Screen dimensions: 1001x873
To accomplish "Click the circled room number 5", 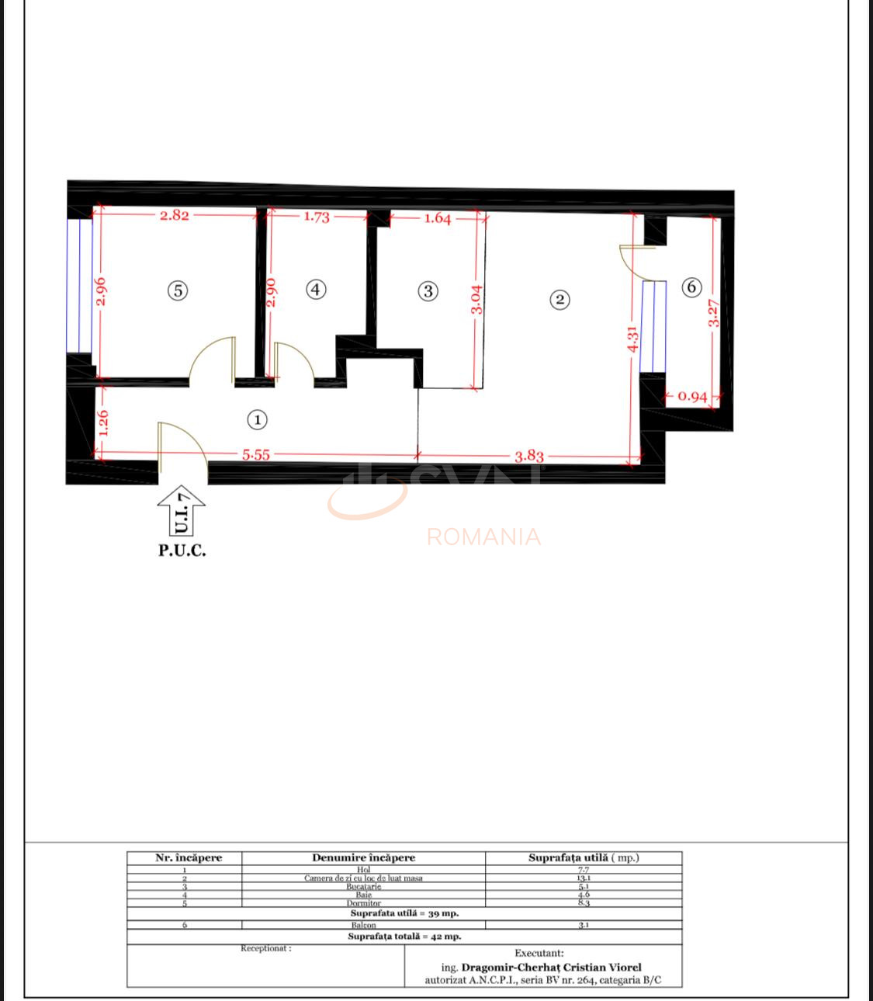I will (178, 290).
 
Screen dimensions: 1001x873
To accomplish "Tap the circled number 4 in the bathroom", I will (315, 290).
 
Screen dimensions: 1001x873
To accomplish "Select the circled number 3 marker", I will (428, 291).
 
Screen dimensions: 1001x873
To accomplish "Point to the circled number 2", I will (559, 300).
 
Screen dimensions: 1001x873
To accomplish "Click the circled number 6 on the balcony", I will (691, 287).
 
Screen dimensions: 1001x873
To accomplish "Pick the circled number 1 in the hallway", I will (257, 420).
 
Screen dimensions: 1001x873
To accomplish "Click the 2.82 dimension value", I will (174, 216).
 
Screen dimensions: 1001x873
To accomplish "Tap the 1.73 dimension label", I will (316, 217).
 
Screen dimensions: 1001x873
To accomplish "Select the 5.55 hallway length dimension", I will (256, 455).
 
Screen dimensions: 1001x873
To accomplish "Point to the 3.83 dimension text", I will (529, 455).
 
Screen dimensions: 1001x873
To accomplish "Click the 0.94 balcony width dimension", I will (692, 397).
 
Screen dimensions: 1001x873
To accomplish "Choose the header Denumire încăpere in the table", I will (363, 858).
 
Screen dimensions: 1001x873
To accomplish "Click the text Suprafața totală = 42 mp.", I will (404, 937).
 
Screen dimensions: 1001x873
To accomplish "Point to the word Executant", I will (539, 954).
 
